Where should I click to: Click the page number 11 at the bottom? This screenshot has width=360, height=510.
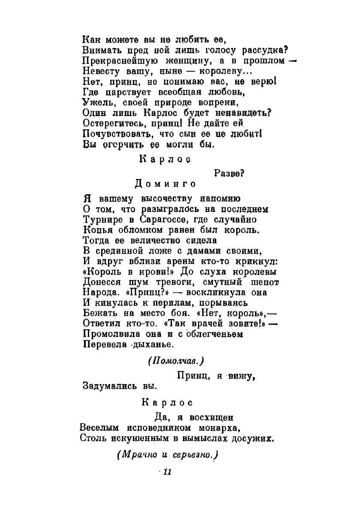tap(167, 472)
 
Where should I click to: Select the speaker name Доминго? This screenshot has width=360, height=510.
tap(166, 184)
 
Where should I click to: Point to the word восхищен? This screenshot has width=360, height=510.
tap(209, 417)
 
